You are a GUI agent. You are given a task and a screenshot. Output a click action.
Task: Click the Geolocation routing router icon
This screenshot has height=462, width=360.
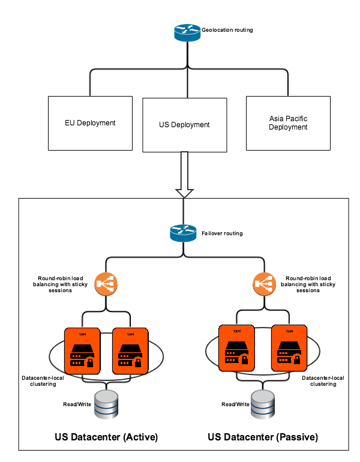click(187, 32)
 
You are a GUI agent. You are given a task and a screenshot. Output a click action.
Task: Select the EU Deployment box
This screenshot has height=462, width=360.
click(90, 123)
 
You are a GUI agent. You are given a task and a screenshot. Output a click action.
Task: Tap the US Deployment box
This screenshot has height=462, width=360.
click(184, 125)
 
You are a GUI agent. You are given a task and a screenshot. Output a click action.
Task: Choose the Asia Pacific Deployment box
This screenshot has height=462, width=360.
click(288, 123)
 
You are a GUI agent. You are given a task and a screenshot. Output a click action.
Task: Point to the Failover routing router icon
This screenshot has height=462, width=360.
click(184, 233)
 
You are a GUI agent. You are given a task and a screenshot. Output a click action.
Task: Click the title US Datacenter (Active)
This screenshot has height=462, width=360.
click(106, 437)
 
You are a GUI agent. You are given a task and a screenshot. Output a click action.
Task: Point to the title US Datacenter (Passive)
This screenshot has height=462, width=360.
click(263, 437)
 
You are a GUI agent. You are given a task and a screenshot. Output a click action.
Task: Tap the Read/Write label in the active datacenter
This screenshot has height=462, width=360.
click(77, 404)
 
